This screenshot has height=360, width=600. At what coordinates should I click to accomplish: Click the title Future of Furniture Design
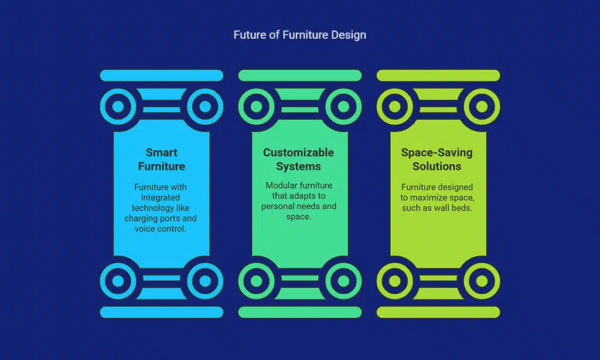[299, 35]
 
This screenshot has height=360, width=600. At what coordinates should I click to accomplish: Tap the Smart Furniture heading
[162, 159]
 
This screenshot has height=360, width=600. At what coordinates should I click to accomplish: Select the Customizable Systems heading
[298, 159]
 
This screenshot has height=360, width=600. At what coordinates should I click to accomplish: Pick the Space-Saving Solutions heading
[437, 159]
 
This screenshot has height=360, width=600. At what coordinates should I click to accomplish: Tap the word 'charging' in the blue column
[141, 219]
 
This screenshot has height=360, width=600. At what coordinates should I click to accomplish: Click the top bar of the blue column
[162, 76]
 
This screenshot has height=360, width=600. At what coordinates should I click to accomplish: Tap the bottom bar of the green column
[300, 312]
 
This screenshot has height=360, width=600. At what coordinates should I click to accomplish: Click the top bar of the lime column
[438, 76]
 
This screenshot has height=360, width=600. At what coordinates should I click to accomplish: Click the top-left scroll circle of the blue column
[118, 107]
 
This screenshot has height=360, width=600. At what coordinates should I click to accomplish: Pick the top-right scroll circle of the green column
[343, 107]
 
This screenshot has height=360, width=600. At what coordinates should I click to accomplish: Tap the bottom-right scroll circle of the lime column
[482, 281]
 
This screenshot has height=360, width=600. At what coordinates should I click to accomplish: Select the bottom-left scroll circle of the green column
[257, 281]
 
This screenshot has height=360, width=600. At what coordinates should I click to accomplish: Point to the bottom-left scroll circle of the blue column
[118, 281]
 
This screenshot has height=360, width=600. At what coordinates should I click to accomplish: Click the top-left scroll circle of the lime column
[395, 107]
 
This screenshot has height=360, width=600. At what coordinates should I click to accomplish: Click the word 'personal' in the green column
[277, 206]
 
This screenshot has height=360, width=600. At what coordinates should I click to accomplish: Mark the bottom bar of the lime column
[438, 312]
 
